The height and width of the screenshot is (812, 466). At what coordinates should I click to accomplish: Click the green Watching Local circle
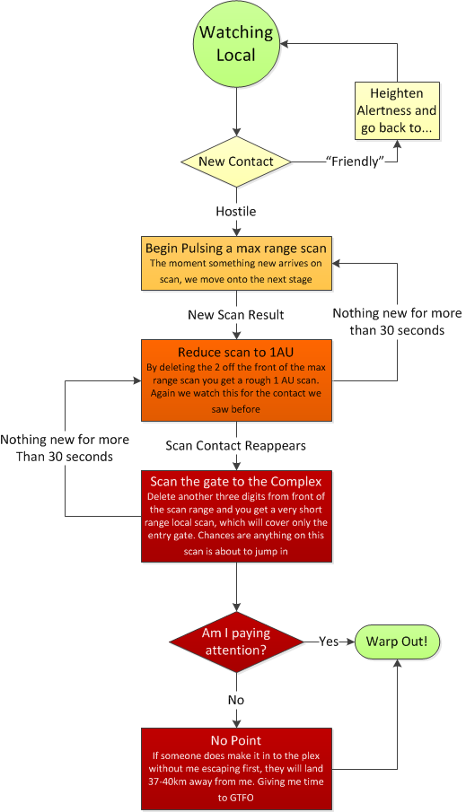click(x=236, y=43)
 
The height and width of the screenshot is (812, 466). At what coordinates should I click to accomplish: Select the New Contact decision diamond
click(x=236, y=162)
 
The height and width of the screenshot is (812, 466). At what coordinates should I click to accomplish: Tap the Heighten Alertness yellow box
click(x=397, y=111)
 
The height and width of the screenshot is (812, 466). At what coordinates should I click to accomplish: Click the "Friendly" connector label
click(x=355, y=162)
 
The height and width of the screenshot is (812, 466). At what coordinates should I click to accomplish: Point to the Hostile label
click(x=236, y=211)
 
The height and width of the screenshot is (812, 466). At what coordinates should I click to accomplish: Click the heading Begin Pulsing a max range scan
click(x=236, y=248)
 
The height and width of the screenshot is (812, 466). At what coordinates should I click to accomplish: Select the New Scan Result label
click(x=236, y=315)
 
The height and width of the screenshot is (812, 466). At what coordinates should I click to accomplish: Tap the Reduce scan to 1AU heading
click(x=236, y=353)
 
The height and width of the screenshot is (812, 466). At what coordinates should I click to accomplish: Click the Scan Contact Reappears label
click(x=236, y=446)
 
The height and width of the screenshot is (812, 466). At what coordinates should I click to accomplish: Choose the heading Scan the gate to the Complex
click(x=236, y=482)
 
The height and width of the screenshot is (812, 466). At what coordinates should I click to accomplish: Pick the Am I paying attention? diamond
click(x=236, y=642)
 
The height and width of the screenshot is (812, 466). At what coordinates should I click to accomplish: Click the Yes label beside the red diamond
click(x=329, y=642)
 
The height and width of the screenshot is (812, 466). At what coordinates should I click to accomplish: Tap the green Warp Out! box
click(x=397, y=642)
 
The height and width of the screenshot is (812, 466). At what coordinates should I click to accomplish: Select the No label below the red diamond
click(x=236, y=700)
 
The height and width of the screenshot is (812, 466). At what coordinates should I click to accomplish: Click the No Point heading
click(x=236, y=740)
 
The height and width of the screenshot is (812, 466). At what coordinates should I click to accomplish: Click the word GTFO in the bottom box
click(x=242, y=798)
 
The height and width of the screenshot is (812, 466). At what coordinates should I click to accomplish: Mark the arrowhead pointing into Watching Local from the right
click(x=284, y=43)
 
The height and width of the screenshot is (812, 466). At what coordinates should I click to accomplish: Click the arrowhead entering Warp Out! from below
click(x=398, y=664)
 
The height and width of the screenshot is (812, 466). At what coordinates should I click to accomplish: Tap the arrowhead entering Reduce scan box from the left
click(x=136, y=380)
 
